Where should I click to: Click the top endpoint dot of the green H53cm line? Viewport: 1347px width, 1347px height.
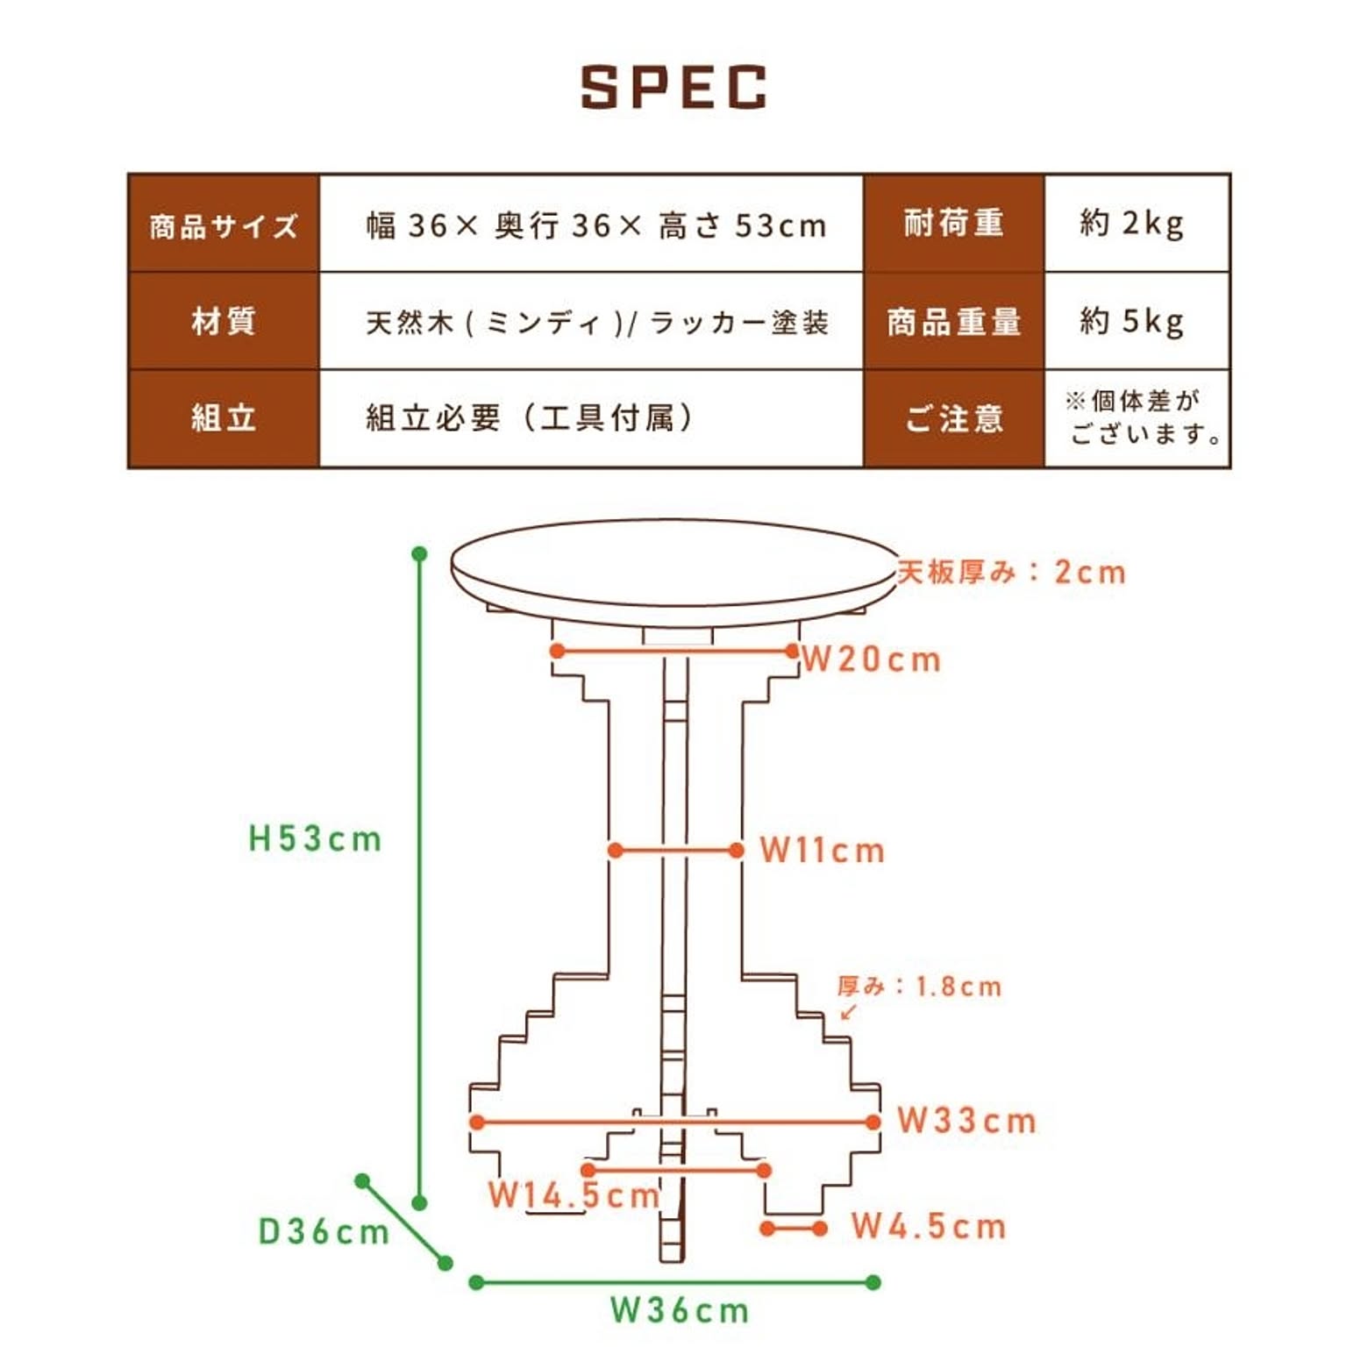tap(419, 554)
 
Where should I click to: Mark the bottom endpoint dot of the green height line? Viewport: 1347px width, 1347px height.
tap(419, 1203)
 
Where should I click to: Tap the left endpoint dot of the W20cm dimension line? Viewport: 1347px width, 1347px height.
tap(557, 651)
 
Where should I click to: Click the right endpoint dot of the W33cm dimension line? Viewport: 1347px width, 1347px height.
tap(873, 1122)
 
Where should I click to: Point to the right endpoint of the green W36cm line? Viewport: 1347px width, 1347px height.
tap(873, 1282)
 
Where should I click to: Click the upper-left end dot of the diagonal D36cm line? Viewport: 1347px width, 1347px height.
tap(362, 1181)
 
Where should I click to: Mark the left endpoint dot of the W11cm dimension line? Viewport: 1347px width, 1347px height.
tap(616, 851)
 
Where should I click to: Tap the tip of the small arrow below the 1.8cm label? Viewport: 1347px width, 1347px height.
tap(842, 1019)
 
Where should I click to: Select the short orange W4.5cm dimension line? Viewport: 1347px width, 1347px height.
tap(794, 1229)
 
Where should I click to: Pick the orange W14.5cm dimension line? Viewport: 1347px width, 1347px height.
tap(675, 1170)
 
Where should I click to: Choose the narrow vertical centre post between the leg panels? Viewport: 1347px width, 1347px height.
tap(674, 956)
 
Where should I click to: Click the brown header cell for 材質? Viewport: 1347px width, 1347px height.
tap(224, 321)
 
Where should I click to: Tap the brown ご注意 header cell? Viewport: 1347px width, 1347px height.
tap(954, 418)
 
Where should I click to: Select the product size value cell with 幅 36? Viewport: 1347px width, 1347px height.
tap(592, 224)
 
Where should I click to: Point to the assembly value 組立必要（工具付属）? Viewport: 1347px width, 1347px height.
tap(529, 418)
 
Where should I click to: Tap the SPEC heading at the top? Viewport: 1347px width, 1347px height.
tap(673, 87)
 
